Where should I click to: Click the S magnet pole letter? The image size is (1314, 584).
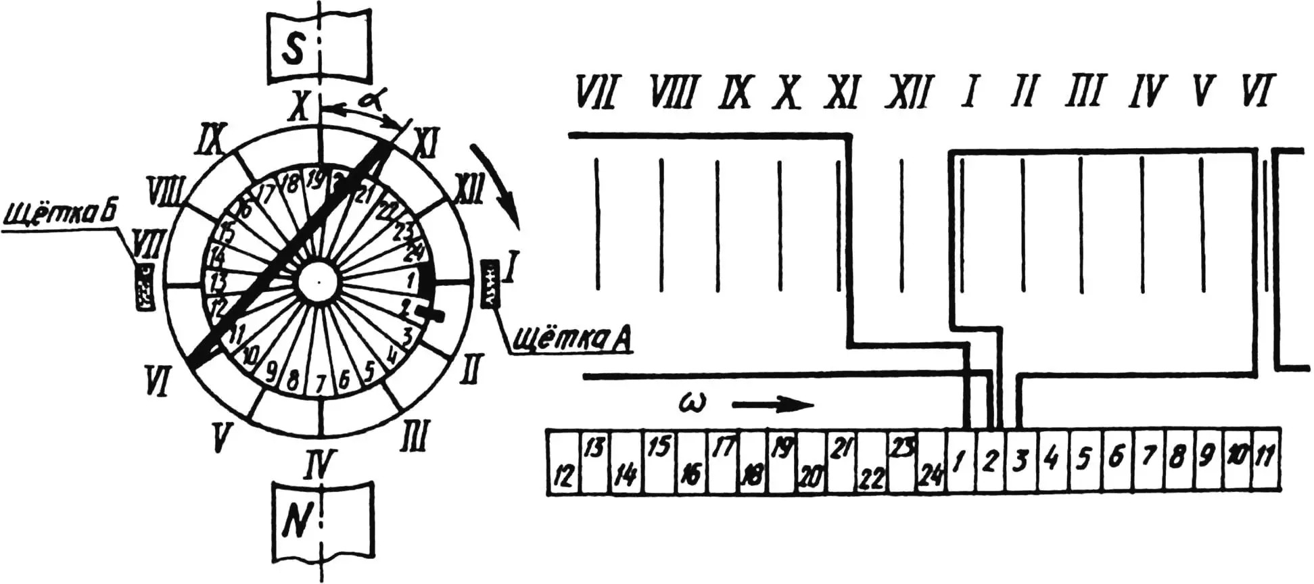293,50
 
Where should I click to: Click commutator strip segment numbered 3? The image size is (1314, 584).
1020,462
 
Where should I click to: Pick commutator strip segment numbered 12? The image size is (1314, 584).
563,463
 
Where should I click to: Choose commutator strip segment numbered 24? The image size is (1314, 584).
931,463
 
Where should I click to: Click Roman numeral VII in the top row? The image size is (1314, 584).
594,92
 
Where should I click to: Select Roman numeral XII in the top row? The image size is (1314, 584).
901,92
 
